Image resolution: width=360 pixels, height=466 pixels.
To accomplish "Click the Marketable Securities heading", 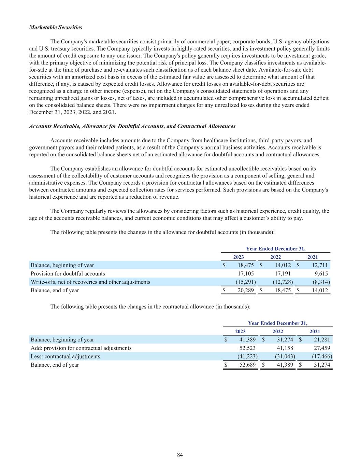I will [x=56, y=27].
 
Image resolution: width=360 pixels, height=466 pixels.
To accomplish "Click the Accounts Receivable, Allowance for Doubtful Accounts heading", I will [x=132, y=126].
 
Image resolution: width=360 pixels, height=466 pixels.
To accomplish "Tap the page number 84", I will [x=180, y=455].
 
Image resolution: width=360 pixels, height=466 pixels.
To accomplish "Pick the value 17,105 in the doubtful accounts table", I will [x=246, y=274].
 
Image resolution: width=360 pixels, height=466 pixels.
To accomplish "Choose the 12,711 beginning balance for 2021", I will [x=320, y=265].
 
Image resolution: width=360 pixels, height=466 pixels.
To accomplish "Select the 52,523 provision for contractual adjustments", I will [x=248, y=348].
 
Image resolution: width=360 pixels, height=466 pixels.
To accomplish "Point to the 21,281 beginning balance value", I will [x=322, y=340].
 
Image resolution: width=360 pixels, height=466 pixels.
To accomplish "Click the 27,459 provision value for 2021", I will [x=322, y=348].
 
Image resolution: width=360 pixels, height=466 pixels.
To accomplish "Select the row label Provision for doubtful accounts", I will [x=68, y=274].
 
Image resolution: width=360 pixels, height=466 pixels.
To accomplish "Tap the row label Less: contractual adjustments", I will [x=66, y=356].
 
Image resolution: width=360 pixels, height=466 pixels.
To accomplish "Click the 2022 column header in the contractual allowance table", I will [x=278, y=331].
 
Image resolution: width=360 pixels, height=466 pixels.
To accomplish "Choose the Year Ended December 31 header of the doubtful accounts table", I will [x=276, y=249].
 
